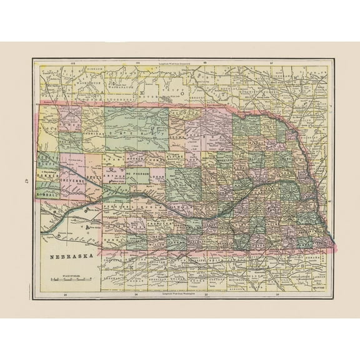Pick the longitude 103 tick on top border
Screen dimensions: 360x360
pos(73,63)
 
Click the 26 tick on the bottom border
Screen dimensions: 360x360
pos(65,293)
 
